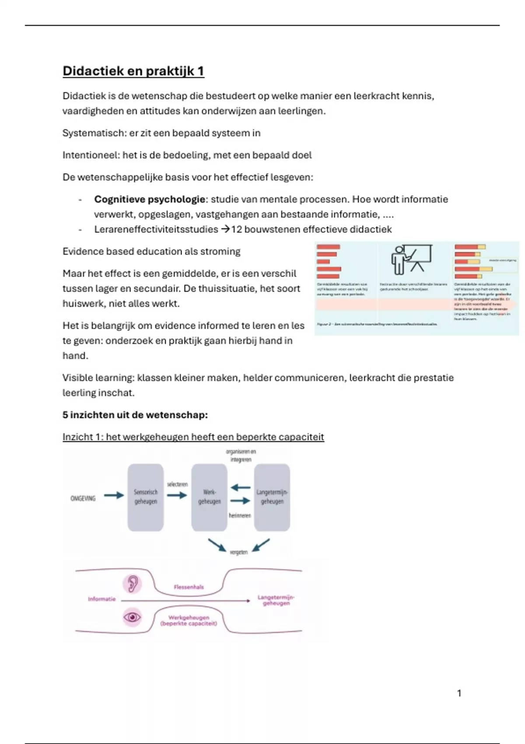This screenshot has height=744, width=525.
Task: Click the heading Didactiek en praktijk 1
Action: click(133, 71)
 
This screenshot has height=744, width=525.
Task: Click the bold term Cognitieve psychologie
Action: click(150, 200)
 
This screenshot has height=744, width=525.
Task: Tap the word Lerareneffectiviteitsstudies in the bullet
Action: click(156, 229)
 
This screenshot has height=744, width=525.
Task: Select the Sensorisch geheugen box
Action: click(146, 497)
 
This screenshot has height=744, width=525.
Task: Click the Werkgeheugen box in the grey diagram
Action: click(209, 497)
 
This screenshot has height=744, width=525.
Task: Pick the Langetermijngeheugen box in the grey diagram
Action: click(272, 497)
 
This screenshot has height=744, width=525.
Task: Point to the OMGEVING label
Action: click(83, 498)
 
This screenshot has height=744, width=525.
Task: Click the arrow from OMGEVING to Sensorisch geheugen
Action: click(114, 495)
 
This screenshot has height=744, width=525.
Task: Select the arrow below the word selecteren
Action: click(177, 495)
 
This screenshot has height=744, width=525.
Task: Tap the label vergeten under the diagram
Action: click(239, 552)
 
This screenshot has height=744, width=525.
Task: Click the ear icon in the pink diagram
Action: click(132, 583)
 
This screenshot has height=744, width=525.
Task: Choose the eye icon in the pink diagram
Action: click(132, 617)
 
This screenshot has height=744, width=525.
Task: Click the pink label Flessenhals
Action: click(189, 587)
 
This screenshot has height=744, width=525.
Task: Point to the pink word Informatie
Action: click(101, 599)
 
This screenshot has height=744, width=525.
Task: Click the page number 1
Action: click(459, 693)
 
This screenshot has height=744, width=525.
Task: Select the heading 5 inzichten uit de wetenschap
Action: click(135, 415)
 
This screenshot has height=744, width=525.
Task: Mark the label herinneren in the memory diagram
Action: click(240, 516)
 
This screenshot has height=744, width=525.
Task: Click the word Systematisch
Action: click(94, 133)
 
